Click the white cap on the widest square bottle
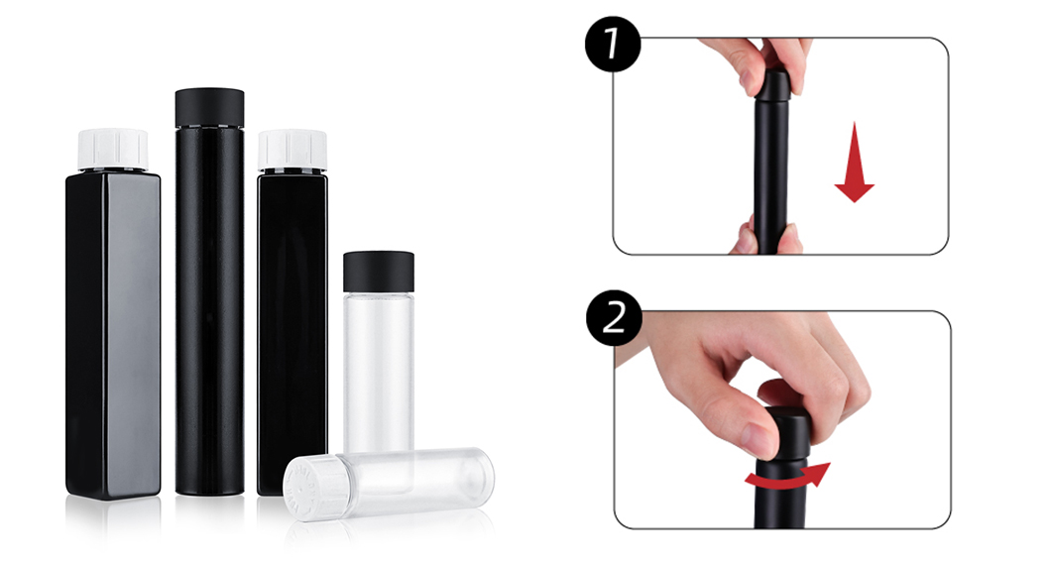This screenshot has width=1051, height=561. [x=113, y=149]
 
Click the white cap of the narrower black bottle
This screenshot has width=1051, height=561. [x=292, y=149]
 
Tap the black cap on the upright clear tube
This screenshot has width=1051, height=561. [x=378, y=271]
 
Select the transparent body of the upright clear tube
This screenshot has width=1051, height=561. [x=378, y=367]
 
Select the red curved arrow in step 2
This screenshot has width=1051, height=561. [x=787, y=479]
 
